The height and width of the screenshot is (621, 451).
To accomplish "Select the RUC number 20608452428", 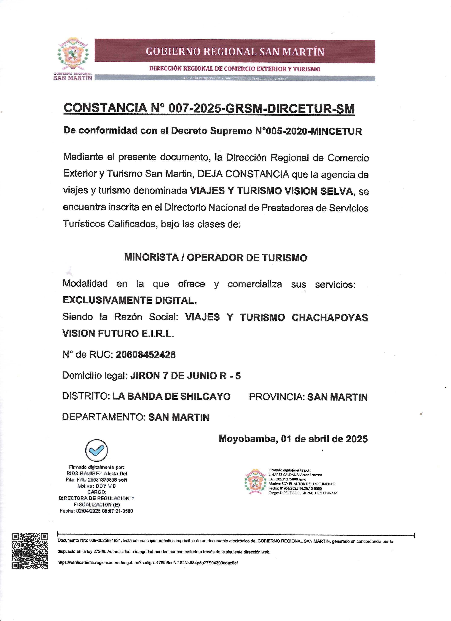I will pyautogui.click(x=146, y=355).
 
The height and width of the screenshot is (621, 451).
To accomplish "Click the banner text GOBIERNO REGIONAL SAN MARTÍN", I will pyautogui.click(x=235, y=51).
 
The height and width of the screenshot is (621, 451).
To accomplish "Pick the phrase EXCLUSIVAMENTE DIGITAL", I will pyautogui.click(x=130, y=300).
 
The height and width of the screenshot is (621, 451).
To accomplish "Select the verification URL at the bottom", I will pyautogui.click(x=148, y=563).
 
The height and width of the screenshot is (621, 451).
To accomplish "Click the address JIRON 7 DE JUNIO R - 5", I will pyautogui.click(x=185, y=376).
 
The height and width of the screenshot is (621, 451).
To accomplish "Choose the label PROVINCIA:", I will pyautogui.click(x=277, y=397).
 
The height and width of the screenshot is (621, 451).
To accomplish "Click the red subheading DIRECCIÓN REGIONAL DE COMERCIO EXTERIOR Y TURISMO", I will pyautogui.click(x=235, y=69).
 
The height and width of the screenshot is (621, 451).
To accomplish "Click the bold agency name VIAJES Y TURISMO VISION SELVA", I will pyautogui.click(x=271, y=191).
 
